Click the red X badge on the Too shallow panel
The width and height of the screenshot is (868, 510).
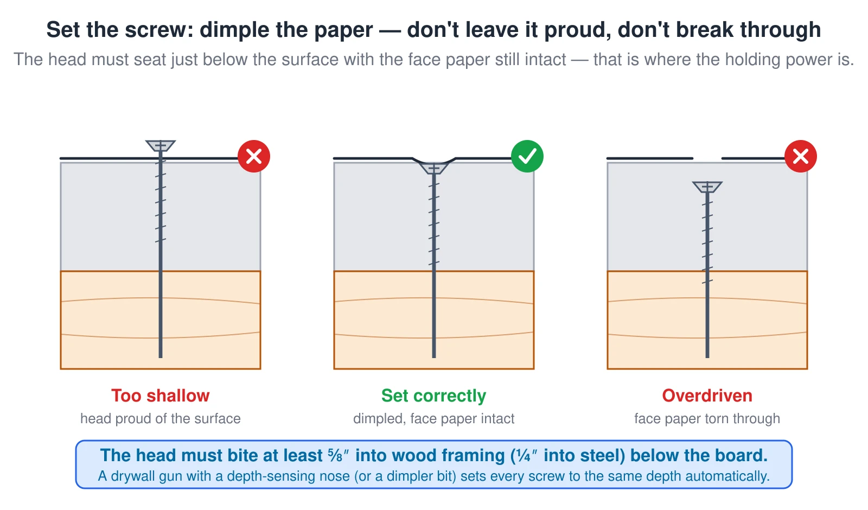point(254,156)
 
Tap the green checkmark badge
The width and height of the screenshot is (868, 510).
point(527,156)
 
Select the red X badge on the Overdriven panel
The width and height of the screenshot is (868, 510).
point(801,156)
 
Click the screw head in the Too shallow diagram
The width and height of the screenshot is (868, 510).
point(161,146)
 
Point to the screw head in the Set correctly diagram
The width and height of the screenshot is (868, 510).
point(434,168)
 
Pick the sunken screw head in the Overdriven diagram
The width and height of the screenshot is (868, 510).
point(707,187)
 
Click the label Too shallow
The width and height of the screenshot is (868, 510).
point(161,396)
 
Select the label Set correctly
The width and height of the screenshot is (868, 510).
point(433,396)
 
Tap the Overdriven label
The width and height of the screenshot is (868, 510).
point(707,396)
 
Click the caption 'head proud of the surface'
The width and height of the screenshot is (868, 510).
point(161,418)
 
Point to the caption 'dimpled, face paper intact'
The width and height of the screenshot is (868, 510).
point(433,418)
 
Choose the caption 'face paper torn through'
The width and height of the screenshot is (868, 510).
point(707,418)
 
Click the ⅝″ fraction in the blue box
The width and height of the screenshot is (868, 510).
point(339,455)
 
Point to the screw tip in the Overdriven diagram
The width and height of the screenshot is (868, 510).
point(707,357)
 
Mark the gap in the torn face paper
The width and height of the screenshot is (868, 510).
point(707,158)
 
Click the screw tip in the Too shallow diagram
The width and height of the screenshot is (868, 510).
point(161,357)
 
